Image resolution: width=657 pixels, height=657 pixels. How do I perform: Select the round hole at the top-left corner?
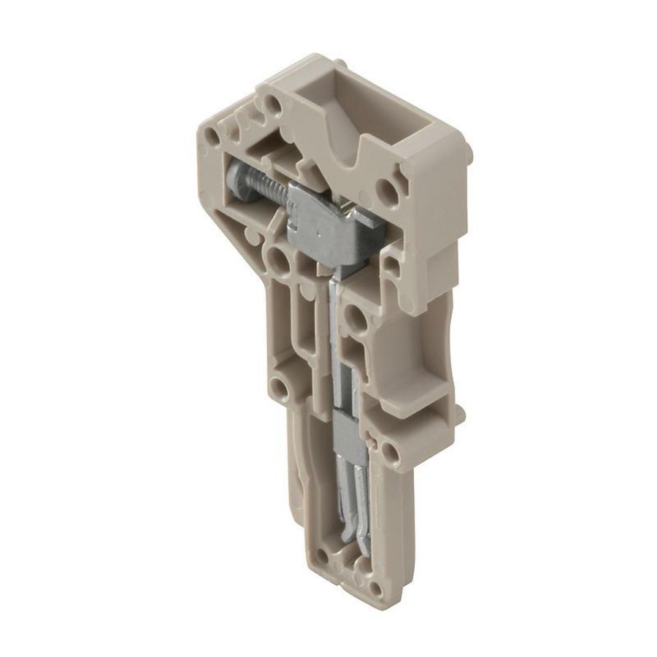[213, 137]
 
